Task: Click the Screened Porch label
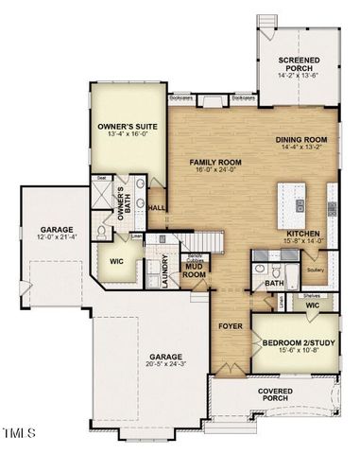coord(298,64)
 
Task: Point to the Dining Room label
coord(301,142)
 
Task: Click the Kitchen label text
coord(302,234)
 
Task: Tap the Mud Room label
coord(195,270)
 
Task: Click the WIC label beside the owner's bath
coord(117,262)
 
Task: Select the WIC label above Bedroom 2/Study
coord(311,305)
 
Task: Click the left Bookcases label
coord(182,96)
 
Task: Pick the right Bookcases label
coord(243,96)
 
